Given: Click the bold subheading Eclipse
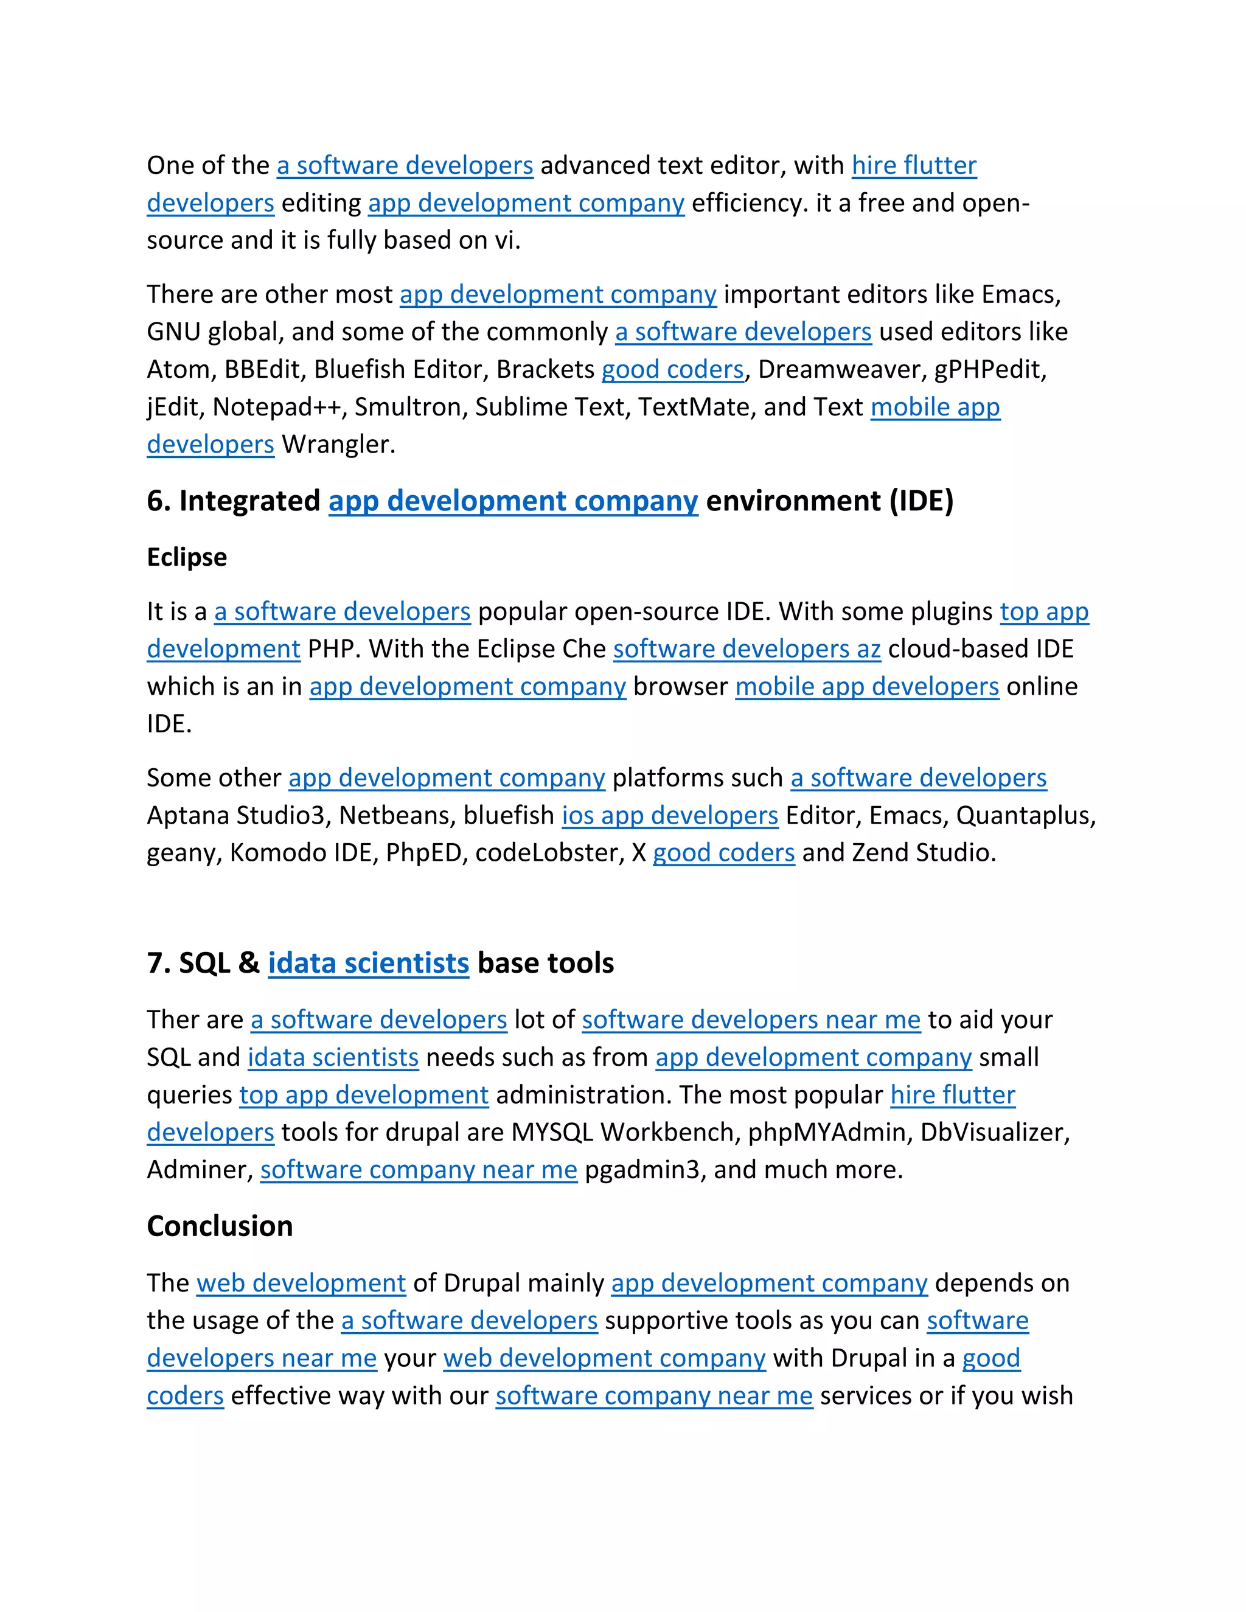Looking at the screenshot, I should (x=187, y=557).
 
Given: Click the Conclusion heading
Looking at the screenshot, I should (x=220, y=1226).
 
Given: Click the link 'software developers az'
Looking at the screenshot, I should (x=747, y=649).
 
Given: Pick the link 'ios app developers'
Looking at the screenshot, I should (x=669, y=815).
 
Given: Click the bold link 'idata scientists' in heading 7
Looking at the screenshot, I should (x=368, y=963).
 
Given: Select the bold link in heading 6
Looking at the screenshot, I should (x=513, y=501).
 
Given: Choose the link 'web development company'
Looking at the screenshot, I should (x=605, y=1358).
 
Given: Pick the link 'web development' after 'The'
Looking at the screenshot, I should (x=301, y=1283).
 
